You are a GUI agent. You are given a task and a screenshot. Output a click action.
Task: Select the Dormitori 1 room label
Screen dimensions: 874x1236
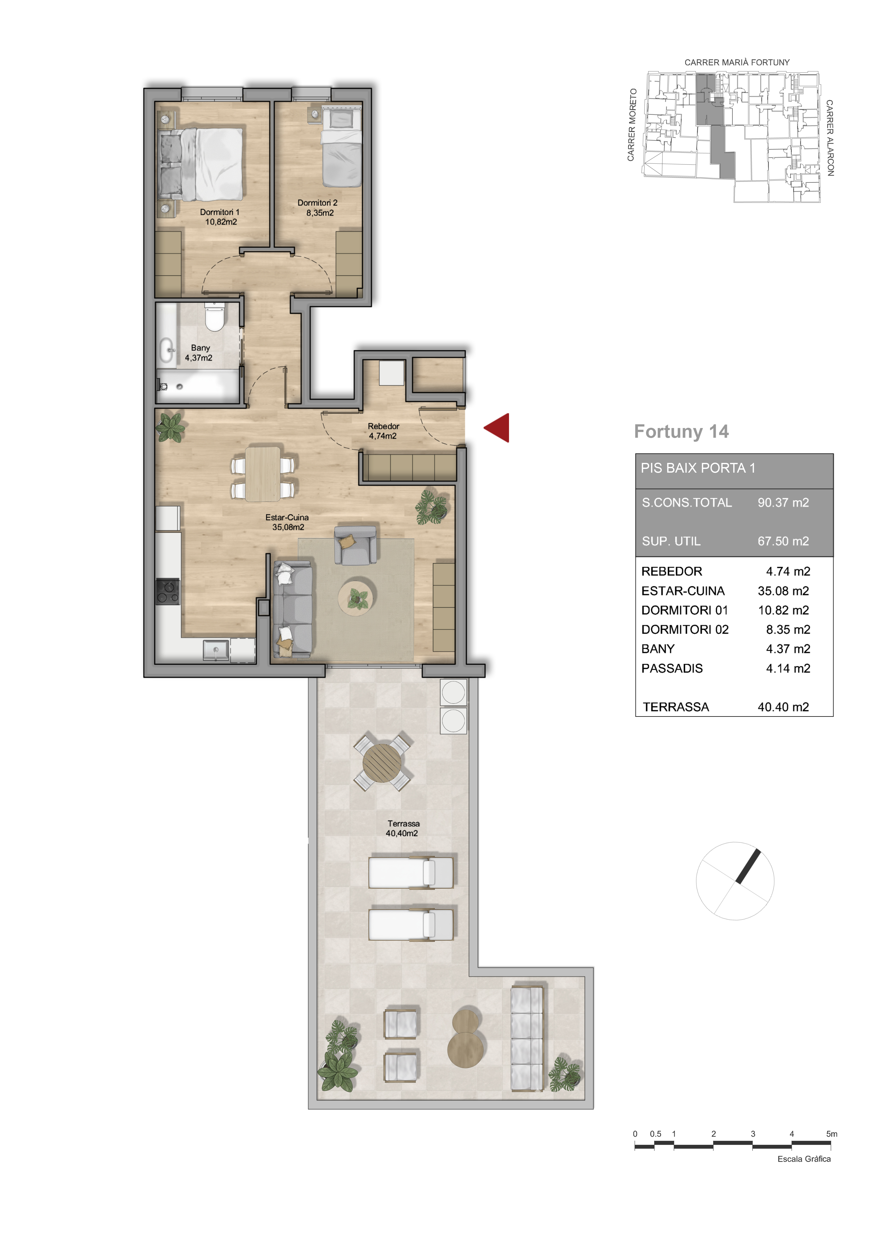point(219,212)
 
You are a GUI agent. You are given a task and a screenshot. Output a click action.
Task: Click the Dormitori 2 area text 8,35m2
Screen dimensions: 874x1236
point(320,213)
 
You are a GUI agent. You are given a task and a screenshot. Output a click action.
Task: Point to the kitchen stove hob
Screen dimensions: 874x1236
point(168,591)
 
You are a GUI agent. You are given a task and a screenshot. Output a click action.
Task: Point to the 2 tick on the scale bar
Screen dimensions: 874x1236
point(714,1147)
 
